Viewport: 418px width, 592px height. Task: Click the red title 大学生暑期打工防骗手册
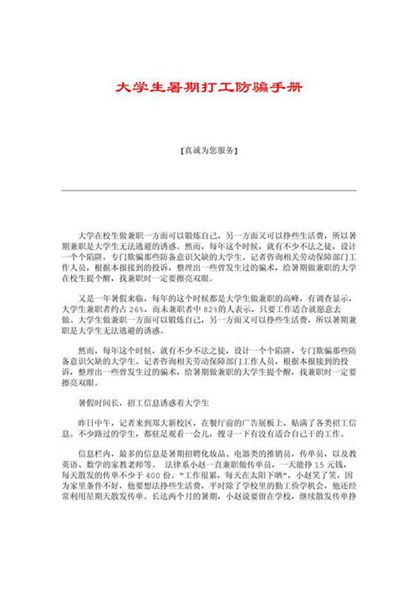[208, 86]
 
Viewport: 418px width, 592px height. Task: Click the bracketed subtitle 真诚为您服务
[208, 151]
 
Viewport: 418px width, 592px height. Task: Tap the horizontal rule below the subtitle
[208, 191]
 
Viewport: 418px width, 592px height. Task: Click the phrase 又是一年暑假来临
[113, 296]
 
